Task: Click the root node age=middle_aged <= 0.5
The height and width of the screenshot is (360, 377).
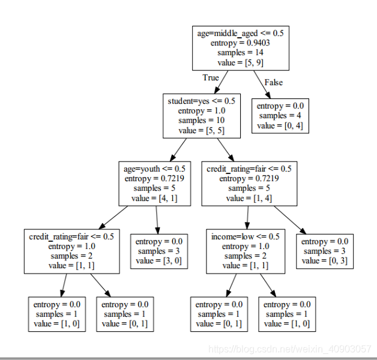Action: click(x=241, y=49)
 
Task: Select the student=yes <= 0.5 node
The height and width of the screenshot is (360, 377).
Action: click(x=202, y=116)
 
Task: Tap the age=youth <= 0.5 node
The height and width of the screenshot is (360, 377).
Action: click(x=155, y=184)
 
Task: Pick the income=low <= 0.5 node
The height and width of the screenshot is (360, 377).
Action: click(x=246, y=251)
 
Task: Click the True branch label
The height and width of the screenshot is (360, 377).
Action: click(x=211, y=77)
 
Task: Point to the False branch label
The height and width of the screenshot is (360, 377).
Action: click(x=274, y=82)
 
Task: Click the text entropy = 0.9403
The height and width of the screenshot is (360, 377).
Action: click(x=240, y=43)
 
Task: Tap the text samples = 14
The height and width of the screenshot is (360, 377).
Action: click(x=240, y=53)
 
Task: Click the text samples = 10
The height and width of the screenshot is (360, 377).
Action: click(x=202, y=120)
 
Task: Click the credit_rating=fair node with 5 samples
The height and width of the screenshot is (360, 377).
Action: click(x=249, y=184)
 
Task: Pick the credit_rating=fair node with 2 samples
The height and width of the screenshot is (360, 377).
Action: click(x=71, y=251)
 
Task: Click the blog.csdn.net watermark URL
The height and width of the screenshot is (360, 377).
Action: click(x=290, y=349)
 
